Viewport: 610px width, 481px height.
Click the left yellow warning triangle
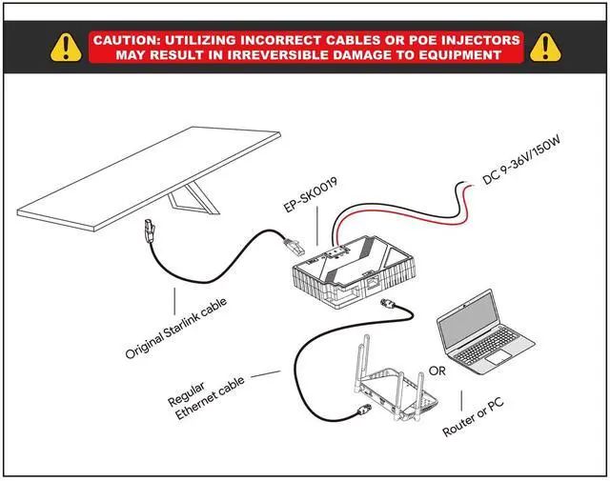pyautogui.click(x=64, y=46)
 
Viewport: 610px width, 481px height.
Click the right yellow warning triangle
pyautogui.click(x=545, y=46)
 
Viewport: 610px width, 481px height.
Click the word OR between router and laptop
pyautogui.click(x=437, y=369)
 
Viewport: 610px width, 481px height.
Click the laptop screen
pyautogui.click(x=468, y=321)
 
